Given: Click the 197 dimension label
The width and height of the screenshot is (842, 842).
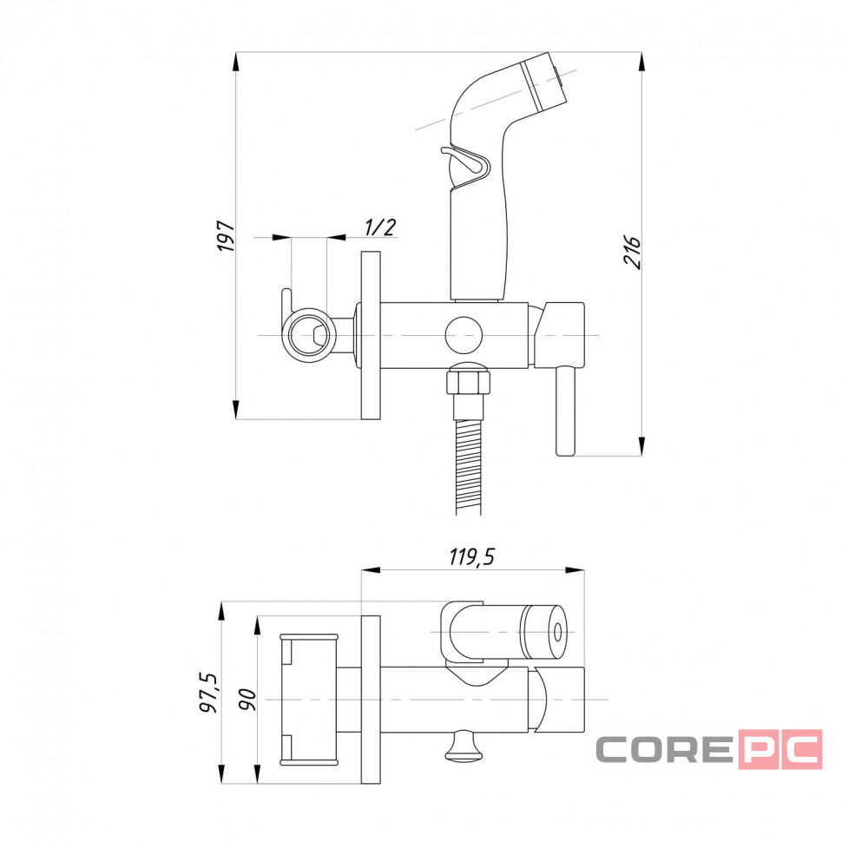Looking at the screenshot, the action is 226,236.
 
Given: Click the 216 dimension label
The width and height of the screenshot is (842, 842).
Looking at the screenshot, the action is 632,252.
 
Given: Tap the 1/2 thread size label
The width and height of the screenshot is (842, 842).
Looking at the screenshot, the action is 379,227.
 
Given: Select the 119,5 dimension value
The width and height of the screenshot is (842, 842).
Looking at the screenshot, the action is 471,557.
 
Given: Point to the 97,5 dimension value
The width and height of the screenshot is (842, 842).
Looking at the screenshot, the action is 209,693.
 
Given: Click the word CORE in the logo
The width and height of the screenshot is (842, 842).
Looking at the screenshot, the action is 665,749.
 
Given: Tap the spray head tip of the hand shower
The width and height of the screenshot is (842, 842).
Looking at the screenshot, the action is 544,81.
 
